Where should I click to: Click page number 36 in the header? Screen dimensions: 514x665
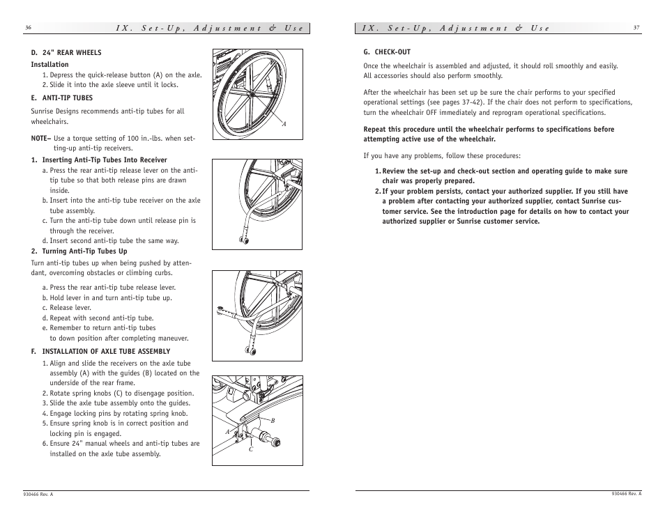point(28,28)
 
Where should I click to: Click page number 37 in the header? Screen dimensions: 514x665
point(636,28)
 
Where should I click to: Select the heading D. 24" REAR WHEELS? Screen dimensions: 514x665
point(66,53)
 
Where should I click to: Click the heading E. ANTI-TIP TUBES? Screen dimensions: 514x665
point(61,98)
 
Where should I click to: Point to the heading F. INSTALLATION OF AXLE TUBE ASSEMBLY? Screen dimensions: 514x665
point(100,352)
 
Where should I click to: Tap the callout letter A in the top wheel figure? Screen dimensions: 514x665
point(284,125)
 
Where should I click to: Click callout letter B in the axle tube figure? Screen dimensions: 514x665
point(273,421)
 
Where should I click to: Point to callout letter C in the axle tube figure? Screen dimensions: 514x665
point(250,449)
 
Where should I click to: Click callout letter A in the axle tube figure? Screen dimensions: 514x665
point(227,432)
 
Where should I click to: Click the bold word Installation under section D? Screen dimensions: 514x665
point(49,65)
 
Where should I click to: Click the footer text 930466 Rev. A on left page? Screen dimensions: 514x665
point(38,494)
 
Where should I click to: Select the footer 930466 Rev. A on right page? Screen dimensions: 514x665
point(626,493)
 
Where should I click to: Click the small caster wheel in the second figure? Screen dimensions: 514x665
point(244,240)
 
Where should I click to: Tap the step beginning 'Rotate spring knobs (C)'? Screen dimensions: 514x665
point(121,393)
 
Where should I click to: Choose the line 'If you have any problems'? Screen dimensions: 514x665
point(442,156)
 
